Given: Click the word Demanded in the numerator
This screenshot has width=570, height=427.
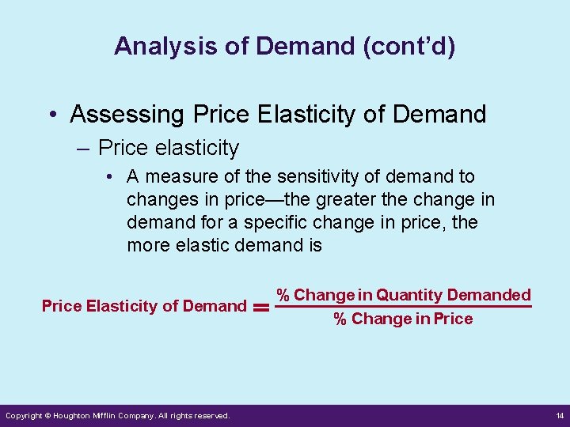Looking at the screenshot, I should pos(488,295).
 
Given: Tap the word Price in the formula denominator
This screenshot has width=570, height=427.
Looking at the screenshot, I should pos(454,319).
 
